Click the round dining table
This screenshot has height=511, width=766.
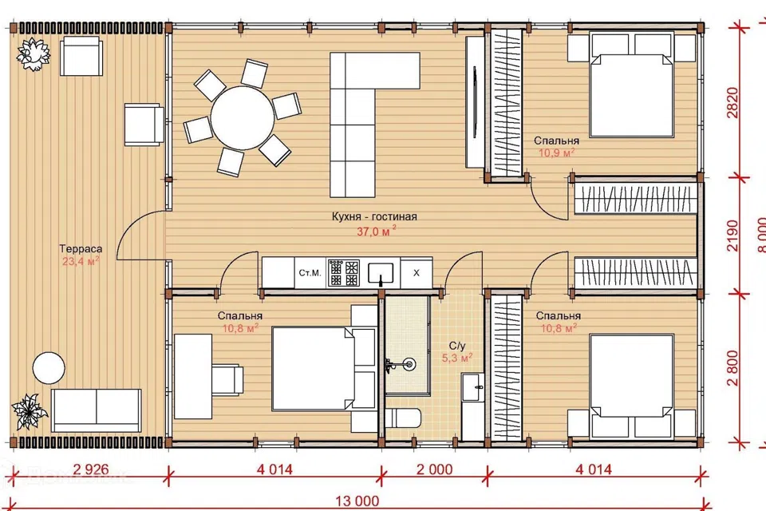243,118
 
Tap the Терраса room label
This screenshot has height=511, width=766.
81,248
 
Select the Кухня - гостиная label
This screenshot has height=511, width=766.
374,216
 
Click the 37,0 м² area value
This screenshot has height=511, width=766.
376,232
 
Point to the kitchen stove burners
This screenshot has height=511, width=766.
344,273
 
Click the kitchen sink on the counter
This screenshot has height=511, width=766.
381,273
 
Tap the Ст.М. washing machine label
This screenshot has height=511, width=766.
310,273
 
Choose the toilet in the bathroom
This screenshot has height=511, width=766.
403,419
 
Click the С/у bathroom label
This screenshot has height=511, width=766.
456,346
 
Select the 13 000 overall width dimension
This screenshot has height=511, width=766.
357,501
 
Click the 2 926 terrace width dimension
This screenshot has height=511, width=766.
91,469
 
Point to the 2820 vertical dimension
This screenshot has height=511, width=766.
732,103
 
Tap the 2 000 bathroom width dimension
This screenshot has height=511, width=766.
434,469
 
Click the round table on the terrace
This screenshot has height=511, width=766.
49,368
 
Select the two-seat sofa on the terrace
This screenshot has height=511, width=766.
97,410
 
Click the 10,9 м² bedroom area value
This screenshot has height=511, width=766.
556,153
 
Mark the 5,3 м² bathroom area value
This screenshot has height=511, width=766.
456,358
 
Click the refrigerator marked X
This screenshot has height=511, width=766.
417,273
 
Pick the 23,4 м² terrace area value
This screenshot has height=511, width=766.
81,261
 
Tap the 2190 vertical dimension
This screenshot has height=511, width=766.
732,236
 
